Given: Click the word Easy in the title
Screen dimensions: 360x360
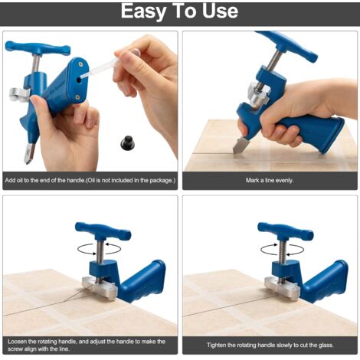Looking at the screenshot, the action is pos(143,12).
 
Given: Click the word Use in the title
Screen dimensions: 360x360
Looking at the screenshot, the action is pos(221,11).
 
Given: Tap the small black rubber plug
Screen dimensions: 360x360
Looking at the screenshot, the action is pos(127,143).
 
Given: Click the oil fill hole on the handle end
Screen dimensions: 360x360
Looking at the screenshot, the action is pos(79,80).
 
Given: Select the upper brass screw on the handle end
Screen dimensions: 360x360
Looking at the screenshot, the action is pos(80,64).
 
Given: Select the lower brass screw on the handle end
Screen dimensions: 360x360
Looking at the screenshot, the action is pos(77,97).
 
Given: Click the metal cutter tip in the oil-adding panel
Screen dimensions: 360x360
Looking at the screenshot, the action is pos(28,153).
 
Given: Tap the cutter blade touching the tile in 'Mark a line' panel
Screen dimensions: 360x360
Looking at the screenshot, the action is pos(239,145).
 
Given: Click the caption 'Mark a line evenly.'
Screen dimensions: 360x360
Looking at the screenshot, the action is pos(270,181).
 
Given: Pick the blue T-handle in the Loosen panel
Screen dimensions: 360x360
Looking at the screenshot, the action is pos(103,231).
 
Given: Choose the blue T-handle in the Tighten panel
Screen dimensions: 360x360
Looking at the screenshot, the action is pos(286,231).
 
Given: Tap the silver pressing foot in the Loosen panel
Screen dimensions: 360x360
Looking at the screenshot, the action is pos(100,287).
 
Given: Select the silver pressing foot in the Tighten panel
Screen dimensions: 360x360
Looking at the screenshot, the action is pos(282,287).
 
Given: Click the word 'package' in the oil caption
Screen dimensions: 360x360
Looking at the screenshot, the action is pos(159,181).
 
